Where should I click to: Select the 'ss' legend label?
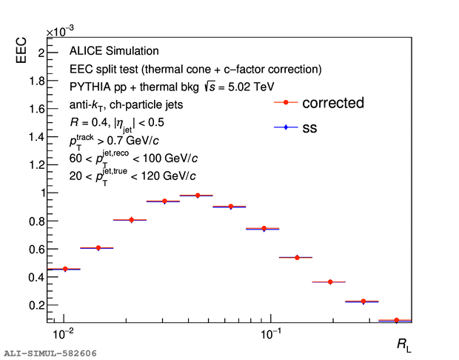[x=309, y=128]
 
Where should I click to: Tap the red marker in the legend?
[x=285, y=103]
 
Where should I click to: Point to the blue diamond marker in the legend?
[x=285, y=128]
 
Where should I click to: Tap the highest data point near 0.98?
[x=197, y=196]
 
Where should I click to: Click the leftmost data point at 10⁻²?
[x=64, y=269]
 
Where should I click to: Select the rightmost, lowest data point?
[x=396, y=320]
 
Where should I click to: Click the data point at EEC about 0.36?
[x=329, y=281]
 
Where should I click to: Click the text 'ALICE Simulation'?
[x=114, y=51]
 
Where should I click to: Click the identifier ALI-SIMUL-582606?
[x=50, y=354]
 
